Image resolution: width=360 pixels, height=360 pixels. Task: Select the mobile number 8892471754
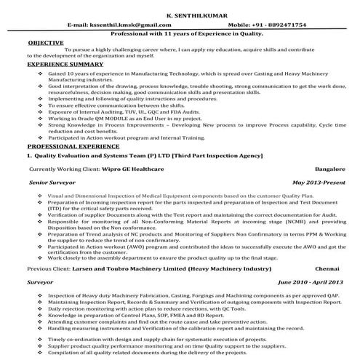281,25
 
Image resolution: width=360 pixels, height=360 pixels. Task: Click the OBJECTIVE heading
45,43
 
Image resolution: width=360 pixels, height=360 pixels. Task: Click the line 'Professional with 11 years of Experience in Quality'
180,34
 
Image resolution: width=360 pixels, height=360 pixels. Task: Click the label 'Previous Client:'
49,268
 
